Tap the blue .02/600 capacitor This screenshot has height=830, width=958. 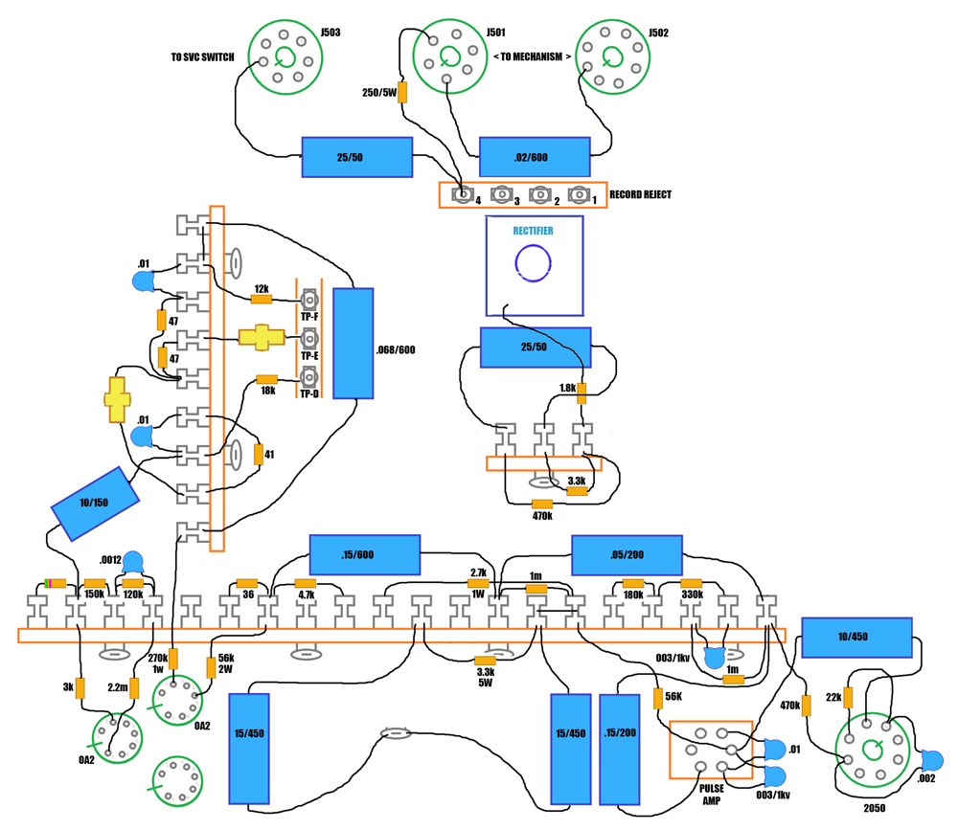point(535,157)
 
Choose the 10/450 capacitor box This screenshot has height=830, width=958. point(855,638)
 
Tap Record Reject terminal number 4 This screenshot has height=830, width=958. point(465,195)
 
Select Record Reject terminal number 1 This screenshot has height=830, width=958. point(579,195)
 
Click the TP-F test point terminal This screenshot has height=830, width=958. point(309,300)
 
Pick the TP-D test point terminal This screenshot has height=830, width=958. point(309,377)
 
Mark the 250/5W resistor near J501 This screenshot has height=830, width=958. point(402,93)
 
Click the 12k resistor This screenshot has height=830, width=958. point(261,300)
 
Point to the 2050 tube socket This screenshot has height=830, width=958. point(874,749)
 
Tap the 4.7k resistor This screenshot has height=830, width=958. point(306,584)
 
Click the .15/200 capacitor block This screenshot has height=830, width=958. point(620,749)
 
